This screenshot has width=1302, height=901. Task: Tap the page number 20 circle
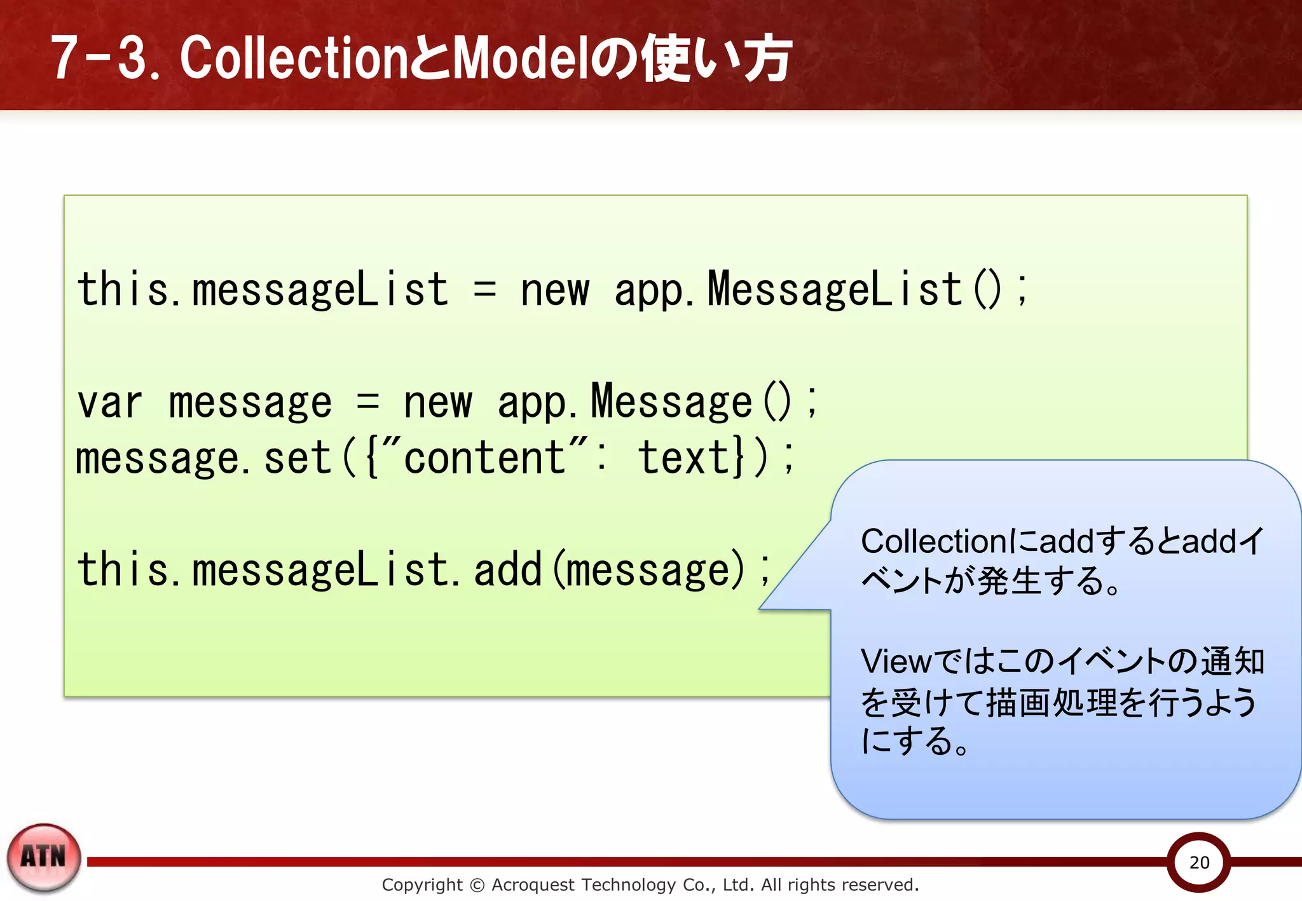(1199, 862)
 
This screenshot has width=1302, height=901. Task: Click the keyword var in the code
(109, 403)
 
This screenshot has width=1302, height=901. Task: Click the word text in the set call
(684, 457)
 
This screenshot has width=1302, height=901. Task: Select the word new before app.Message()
(438, 403)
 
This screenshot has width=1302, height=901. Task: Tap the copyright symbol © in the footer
(477, 885)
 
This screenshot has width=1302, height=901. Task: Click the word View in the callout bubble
(896, 661)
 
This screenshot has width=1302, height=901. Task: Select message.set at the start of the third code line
(203, 458)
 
